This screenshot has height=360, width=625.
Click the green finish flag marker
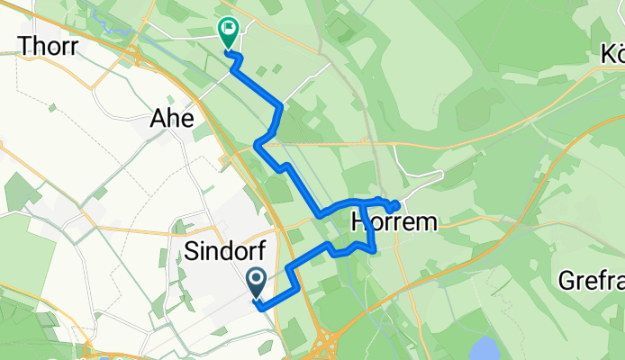point(227,31)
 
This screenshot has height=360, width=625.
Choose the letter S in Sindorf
point(191,250)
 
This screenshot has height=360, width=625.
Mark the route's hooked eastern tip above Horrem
point(397,203)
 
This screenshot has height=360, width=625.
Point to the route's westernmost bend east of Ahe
point(258,144)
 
